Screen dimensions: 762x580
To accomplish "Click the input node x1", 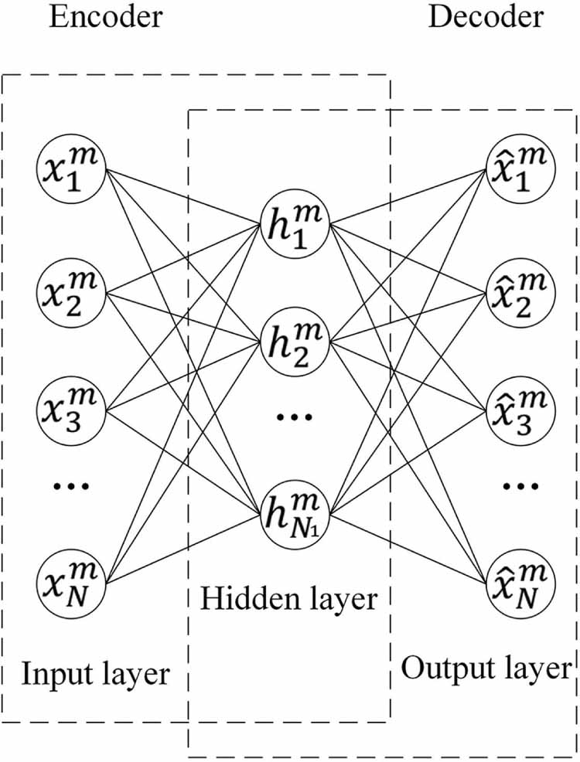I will coord(71,171).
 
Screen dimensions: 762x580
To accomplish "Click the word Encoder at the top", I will coord(106,16).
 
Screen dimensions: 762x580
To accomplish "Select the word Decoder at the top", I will coord(486,16).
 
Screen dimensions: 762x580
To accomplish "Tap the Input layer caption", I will coord(95,674).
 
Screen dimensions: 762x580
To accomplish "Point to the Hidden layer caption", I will coord(288,598).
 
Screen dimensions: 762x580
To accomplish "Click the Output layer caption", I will coord(486,668).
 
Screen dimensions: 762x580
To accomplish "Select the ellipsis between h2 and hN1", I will coord(295,417).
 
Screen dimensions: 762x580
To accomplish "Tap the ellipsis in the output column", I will coord(519,487).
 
